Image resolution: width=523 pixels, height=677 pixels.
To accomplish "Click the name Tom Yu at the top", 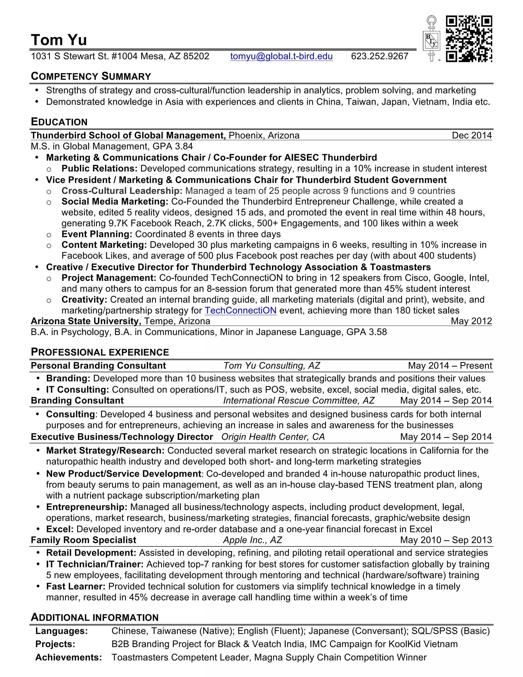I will click(x=59, y=40).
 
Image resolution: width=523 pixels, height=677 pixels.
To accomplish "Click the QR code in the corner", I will click(x=469, y=39).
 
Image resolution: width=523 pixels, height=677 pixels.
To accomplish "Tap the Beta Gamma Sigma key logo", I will click(x=431, y=39).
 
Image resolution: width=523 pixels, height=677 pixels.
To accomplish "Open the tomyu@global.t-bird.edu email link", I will click(x=281, y=56).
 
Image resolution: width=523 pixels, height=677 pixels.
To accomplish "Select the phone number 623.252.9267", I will click(x=379, y=56).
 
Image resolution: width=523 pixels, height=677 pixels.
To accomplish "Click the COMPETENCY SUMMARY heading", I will click(x=91, y=76).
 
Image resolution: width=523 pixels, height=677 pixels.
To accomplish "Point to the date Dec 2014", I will click(x=472, y=135).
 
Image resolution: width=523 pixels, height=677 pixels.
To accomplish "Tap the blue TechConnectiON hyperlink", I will click(x=240, y=311).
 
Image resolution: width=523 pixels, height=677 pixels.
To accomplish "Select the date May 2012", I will click(x=471, y=321).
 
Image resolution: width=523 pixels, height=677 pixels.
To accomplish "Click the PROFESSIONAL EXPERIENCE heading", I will click(x=100, y=352).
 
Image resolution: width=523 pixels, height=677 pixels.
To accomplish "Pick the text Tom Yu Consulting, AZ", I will click(x=271, y=366).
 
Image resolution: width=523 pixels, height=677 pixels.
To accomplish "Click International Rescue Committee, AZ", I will click(x=299, y=401).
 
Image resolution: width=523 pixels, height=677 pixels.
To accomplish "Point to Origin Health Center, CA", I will click(x=273, y=437).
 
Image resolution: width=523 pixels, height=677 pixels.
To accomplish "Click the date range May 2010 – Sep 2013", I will click(x=446, y=540).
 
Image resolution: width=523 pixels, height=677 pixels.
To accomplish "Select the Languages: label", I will click(x=61, y=631).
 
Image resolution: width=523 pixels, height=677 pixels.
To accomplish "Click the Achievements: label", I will click(x=68, y=658).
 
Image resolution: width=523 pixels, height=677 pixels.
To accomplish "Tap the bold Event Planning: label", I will click(x=97, y=234).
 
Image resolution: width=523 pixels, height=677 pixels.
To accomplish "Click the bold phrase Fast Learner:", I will click(x=76, y=587).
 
